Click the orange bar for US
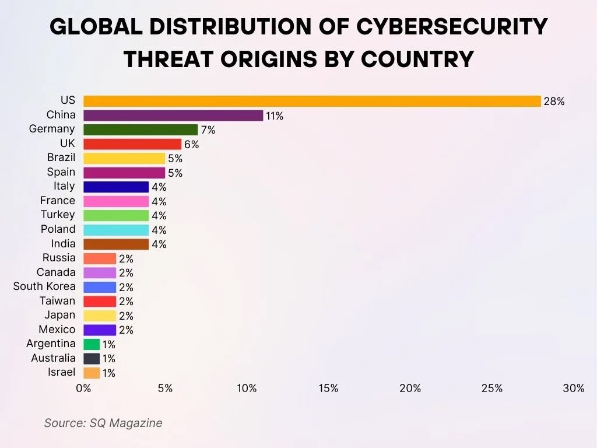pos(312,101)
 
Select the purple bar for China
pos(173,116)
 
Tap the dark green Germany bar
pos(141,129)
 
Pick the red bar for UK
pos(132,144)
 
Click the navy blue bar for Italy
pos(116,187)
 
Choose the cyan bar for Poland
pos(116,230)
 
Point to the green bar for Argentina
pos(92,344)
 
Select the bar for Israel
pos(92,373)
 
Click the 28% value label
pos(554,101)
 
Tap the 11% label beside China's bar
pos(275,116)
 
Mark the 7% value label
pos(208,130)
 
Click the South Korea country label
pos(44,286)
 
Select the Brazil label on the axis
pos(61,157)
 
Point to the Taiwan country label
pos(57,301)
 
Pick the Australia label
pos(53,358)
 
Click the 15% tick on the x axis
pos(329,388)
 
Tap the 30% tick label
pos(574,388)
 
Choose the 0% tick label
pos(83,388)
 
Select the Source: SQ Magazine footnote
pos(103,423)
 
